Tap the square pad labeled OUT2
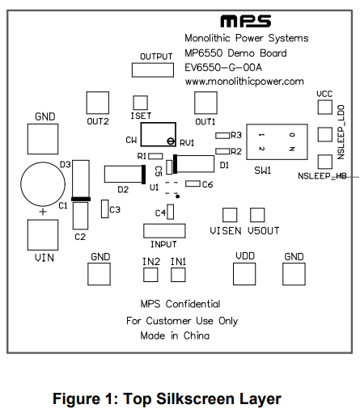(98, 102)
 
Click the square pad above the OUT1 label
(205, 102)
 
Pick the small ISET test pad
(140, 102)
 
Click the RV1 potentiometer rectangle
(159, 135)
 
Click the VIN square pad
(42, 235)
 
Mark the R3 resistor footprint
(221, 136)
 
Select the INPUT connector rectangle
(163, 230)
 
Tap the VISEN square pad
(230, 215)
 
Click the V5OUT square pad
(258, 215)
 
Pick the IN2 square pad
(150, 274)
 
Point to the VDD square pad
(245, 272)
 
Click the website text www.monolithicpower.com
(244, 82)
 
